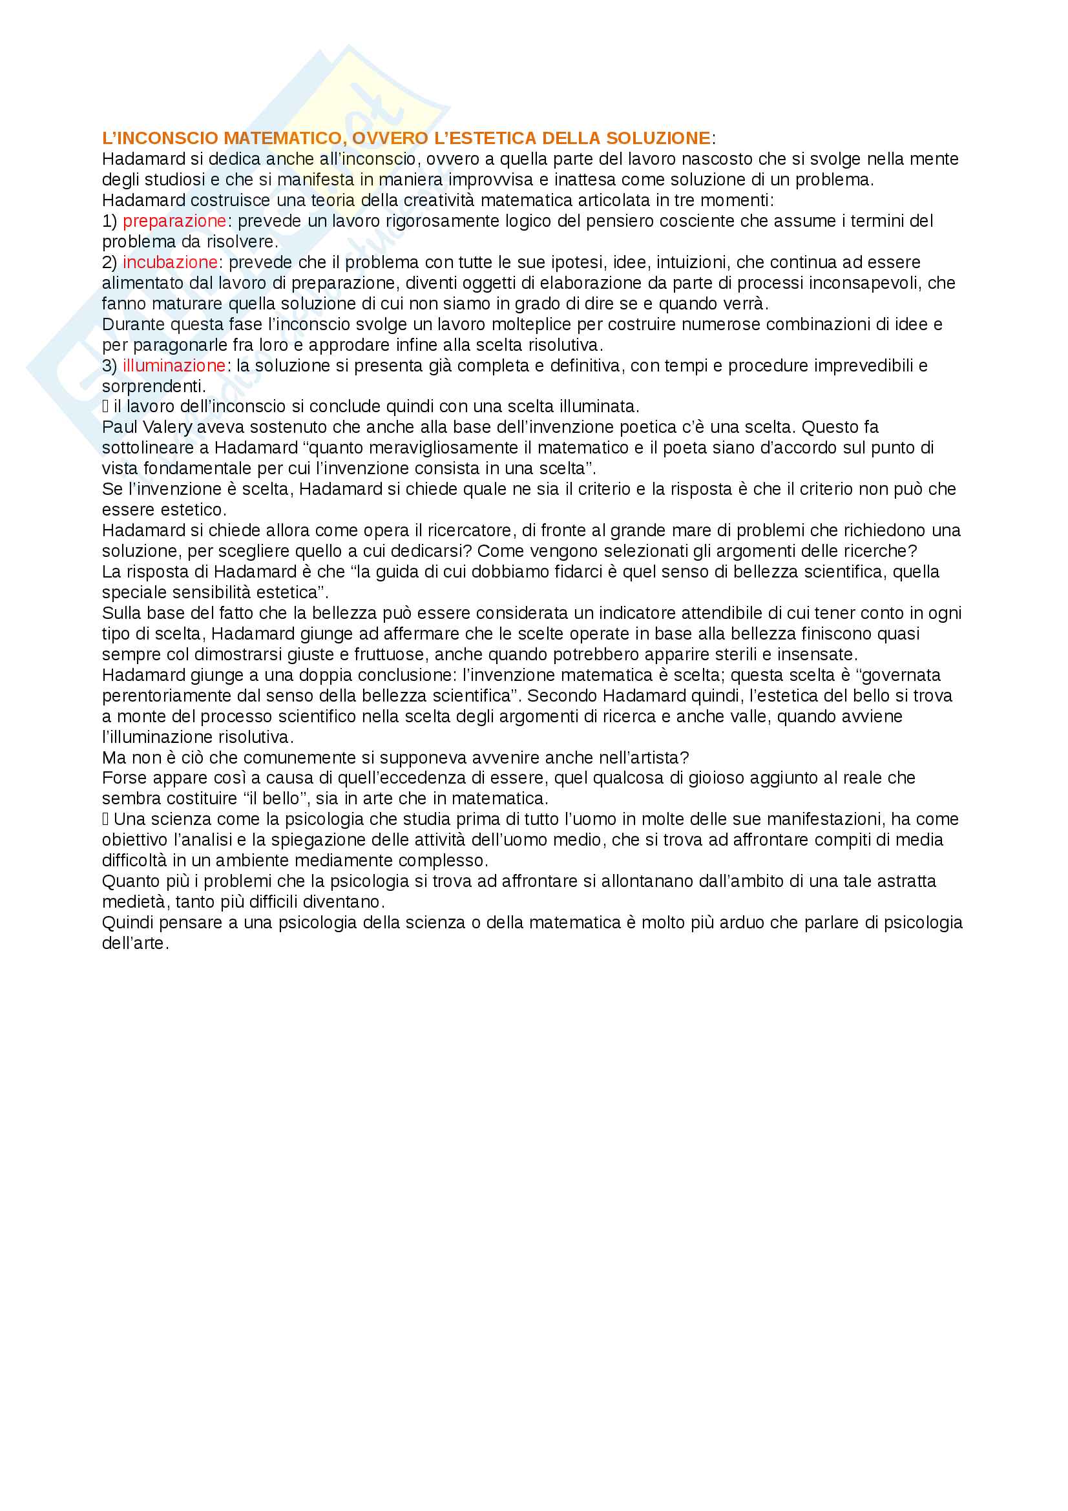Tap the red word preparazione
tap(174, 221)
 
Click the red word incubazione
tap(170, 262)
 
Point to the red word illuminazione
tap(174, 366)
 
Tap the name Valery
tap(167, 428)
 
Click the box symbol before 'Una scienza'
tap(105, 820)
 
